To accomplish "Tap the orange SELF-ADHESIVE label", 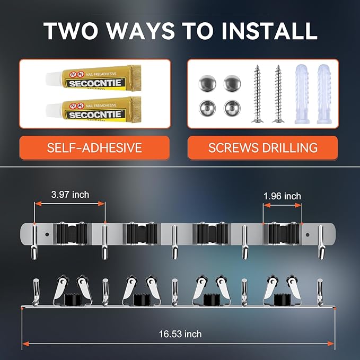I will [95, 147].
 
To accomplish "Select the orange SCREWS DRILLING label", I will [262, 147].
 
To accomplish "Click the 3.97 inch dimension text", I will [71, 195].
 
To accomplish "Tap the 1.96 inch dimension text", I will [282, 196].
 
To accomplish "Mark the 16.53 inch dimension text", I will [180, 334].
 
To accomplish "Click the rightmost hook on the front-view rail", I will [321, 241].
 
